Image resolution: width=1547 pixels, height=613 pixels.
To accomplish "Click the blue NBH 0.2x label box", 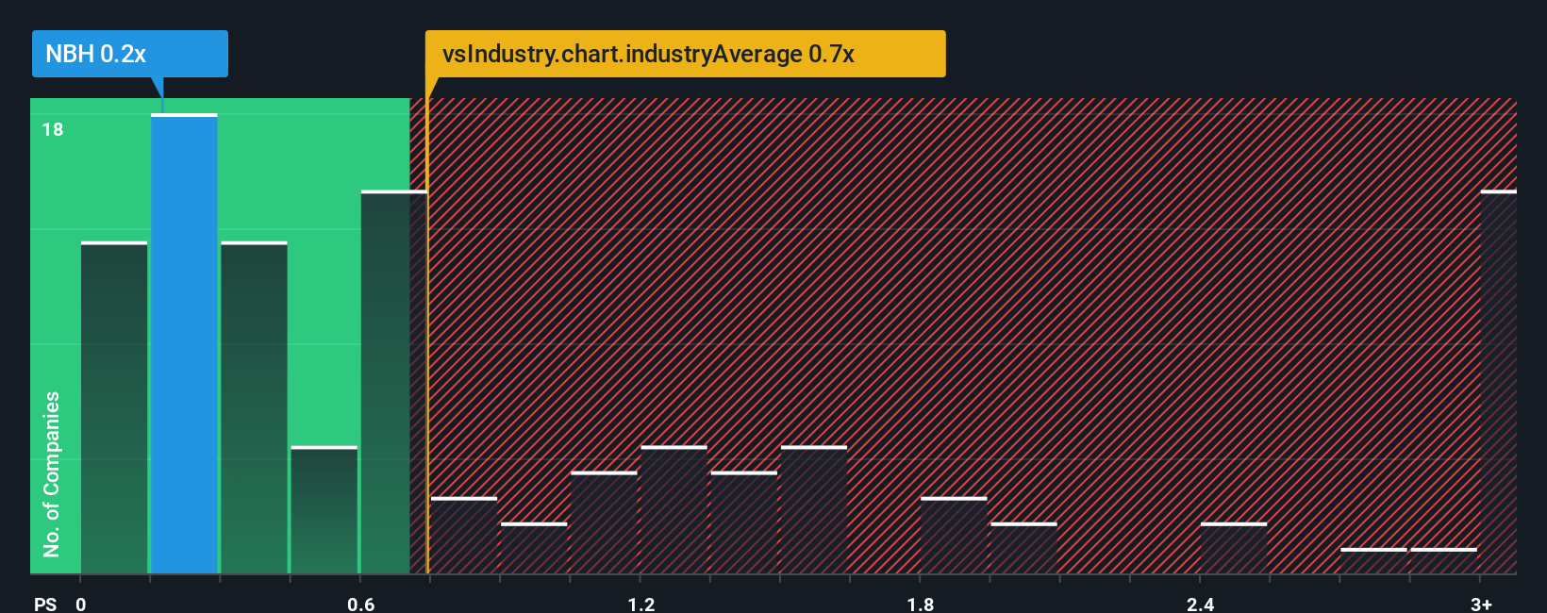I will coord(129,54).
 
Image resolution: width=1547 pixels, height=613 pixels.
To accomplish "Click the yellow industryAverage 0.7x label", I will coord(685,54).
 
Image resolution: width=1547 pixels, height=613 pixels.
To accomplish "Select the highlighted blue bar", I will coord(184,344).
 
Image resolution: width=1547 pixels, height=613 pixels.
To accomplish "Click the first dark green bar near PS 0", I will coord(114,407).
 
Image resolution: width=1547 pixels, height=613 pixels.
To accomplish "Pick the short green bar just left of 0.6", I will coord(324,509).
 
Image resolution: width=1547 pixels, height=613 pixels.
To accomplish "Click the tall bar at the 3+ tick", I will coord(1498,382).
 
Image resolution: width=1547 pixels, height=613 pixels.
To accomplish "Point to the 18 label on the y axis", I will coord(53,130).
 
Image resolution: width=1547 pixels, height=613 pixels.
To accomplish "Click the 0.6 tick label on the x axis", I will coord(361,604).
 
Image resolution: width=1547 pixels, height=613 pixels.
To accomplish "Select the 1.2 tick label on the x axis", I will coord(641,604).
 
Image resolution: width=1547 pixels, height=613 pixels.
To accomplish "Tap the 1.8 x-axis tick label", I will coord(921,604).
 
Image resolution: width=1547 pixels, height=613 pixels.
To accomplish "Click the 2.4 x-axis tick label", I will coord(1200,604).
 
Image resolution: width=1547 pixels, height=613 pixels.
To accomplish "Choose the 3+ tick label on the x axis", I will coord(1481,604).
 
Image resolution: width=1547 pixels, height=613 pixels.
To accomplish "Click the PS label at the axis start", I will coord(45,604).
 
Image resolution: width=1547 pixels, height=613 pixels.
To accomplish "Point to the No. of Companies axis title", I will coord(52,473).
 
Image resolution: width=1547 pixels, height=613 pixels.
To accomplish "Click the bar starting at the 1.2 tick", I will coord(674,509).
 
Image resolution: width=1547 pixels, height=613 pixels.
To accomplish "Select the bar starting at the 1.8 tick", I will coord(954,535).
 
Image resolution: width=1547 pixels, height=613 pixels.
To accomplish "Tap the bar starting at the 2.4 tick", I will coord(1233,548).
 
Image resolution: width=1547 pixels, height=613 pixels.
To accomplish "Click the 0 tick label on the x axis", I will coord(81,604).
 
